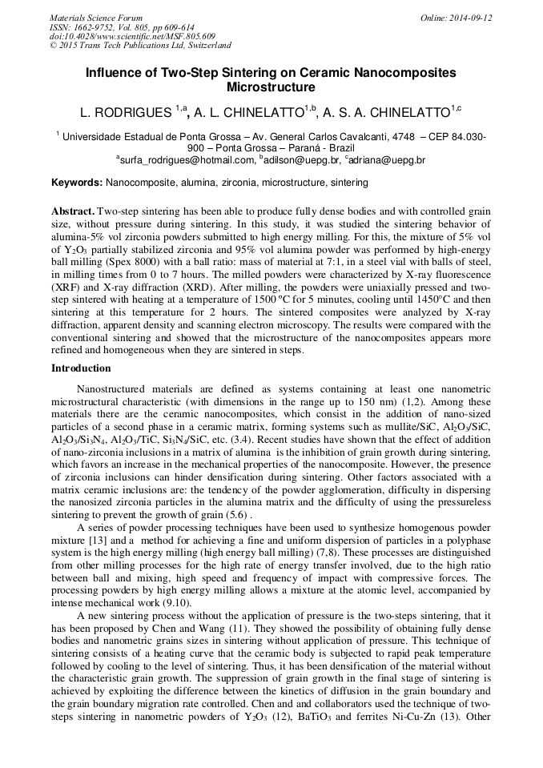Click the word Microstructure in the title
pyautogui.click(x=271, y=87)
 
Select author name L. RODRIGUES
pyautogui.click(x=127, y=112)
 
